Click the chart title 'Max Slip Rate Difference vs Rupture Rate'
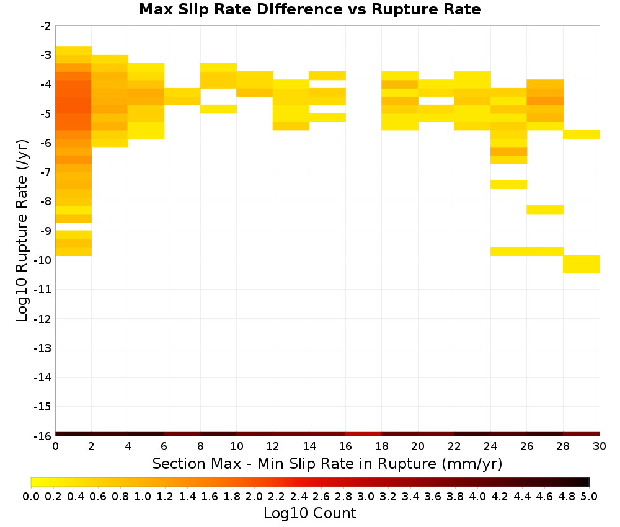[309, 9]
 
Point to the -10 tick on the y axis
[53, 260]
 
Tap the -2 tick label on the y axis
[45, 26]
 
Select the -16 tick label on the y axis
[42, 436]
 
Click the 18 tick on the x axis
[381, 438]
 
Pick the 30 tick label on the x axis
[600, 446]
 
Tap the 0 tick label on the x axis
[55, 446]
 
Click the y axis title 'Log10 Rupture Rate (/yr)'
[22, 231]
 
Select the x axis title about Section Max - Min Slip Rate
[327, 463]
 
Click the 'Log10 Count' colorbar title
[309, 513]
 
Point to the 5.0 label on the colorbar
[589, 496]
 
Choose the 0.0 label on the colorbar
[31, 496]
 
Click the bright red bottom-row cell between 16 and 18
[363, 434]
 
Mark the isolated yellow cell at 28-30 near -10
[582, 264]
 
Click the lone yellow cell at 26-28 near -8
[545, 210]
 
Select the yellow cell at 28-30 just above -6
[582, 134]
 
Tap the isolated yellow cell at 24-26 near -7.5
[508, 185]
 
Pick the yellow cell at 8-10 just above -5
[219, 109]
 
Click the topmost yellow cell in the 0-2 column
[74, 51]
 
